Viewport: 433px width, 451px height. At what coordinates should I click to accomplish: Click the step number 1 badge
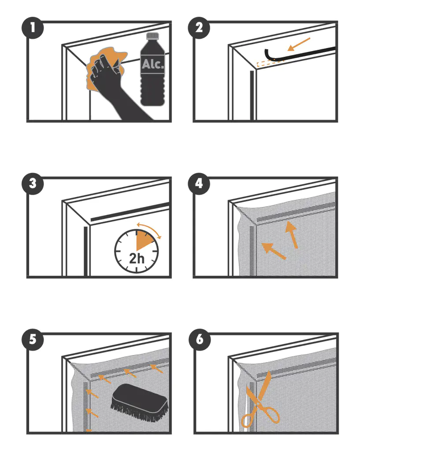click(x=33, y=28)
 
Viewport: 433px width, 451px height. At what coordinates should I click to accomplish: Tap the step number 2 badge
click(x=199, y=28)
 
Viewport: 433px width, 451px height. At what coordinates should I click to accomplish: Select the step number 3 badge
click(x=33, y=184)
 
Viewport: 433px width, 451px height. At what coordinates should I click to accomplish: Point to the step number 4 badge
click(x=199, y=184)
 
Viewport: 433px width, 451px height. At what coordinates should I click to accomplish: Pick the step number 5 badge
click(x=33, y=340)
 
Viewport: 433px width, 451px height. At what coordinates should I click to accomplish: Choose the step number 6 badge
click(x=200, y=340)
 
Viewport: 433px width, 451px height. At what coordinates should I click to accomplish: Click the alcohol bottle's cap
click(x=152, y=36)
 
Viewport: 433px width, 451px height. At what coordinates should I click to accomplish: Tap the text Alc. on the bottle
click(x=152, y=64)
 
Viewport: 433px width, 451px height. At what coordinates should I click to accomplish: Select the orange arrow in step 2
click(x=299, y=44)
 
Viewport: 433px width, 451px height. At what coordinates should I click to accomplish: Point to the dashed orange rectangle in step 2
click(x=270, y=63)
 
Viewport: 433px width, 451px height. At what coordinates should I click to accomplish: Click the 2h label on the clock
click(x=137, y=258)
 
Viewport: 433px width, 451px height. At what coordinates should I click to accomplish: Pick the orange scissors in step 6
click(x=260, y=400)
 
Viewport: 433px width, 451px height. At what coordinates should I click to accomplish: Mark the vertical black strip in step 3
click(x=85, y=251)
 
